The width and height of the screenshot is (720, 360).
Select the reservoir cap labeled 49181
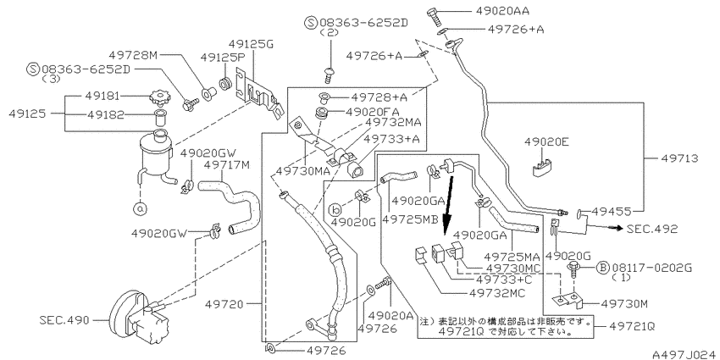coord(158,97)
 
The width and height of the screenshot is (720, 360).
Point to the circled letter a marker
coord(140,209)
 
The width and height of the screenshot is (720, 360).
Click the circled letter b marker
coord(335,210)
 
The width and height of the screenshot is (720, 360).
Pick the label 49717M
coord(227,164)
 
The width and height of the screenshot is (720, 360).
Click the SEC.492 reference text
coord(652,229)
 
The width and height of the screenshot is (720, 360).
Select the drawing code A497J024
coord(686,354)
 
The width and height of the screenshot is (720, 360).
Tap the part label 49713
coord(679,158)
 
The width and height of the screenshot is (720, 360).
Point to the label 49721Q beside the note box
coord(632,326)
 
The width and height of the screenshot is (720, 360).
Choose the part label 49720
coord(223,303)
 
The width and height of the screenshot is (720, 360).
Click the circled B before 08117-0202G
coord(602,268)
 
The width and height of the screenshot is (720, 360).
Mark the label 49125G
coord(251,45)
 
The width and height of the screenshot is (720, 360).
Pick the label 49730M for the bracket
coord(623,303)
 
